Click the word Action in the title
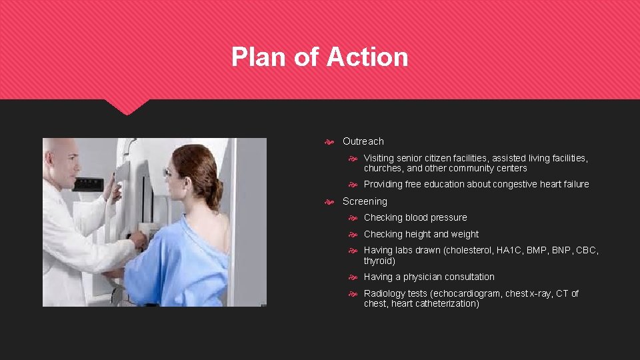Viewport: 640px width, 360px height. pyautogui.click(x=367, y=57)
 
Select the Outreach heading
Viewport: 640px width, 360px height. pyautogui.click(x=363, y=141)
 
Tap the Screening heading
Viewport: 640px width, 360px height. pyautogui.click(x=365, y=201)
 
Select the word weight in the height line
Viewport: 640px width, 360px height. pyautogui.click(x=465, y=235)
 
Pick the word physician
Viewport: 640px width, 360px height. pyautogui.click(x=425, y=277)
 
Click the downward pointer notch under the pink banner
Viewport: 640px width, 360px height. pyautogui.click(x=127, y=107)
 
